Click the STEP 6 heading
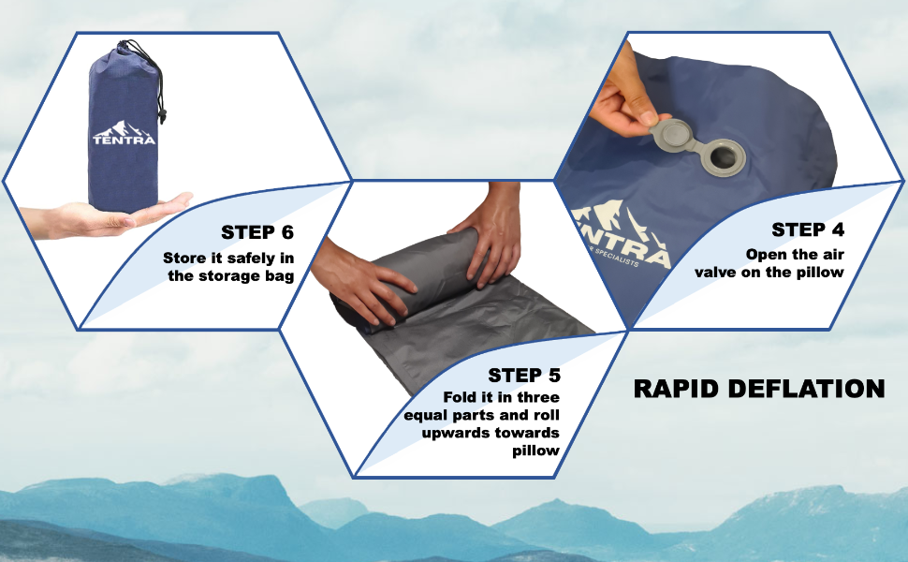pos(257,232)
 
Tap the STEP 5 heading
pos(524,376)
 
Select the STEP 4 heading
pos(808,229)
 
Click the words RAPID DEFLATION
pos(759,389)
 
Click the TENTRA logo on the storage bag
pos(124,133)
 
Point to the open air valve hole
pos(723,156)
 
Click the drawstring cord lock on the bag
pos(162,115)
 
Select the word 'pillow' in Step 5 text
pos(535,451)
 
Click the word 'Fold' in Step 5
pos(460,397)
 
